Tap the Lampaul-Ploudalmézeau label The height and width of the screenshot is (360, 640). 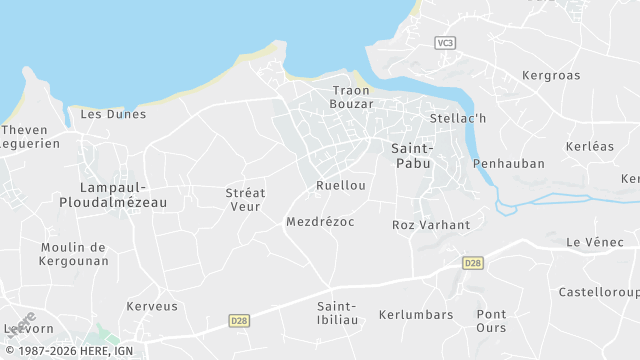tap(123, 195)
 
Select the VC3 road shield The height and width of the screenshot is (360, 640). tap(445, 42)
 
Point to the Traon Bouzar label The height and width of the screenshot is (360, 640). tap(352, 97)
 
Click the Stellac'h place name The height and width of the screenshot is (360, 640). tap(457, 119)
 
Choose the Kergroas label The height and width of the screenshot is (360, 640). tap(551, 76)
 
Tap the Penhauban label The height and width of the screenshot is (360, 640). tap(509, 163)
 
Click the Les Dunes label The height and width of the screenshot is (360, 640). tap(113, 114)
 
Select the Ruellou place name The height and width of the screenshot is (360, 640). tap(341, 186)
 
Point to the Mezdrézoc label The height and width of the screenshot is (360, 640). tap(320, 221)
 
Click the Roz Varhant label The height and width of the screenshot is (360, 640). tap(431, 225)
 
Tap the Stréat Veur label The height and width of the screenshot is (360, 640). tap(244, 199)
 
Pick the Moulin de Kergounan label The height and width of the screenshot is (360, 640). tap(74, 254)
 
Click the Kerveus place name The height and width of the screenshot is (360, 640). tap(152, 306)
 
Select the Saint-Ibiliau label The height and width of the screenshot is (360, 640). tap(337, 313)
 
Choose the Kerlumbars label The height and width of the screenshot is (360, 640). tap(416, 315)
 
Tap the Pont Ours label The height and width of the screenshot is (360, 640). tap(491, 321)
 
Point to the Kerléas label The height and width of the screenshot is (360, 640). tap(590, 146)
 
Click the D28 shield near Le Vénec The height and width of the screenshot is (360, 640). tap(472, 262)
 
